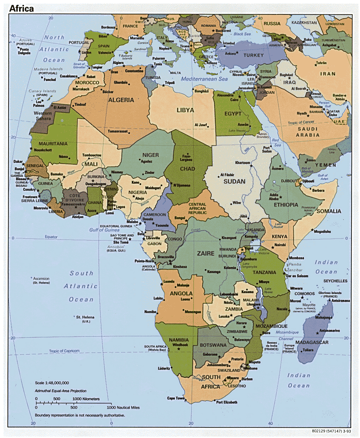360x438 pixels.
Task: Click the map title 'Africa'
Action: click(x=22, y=8)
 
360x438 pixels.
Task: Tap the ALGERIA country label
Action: click(x=121, y=100)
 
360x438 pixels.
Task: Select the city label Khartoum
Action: click(x=242, y=163)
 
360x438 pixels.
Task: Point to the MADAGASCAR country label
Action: click(x=312, y=342)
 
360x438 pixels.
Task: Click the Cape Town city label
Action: click(x=176, y=398)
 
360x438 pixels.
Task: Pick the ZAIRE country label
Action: click(x=205, y=253)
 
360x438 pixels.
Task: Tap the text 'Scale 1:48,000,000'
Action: click(x=52, y=383)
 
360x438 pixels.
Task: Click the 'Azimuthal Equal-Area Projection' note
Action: click(x=60, y=391)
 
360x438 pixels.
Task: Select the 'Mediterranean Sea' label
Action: click(x=204, y=79)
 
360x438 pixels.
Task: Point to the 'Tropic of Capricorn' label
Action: click(x=64, y=351)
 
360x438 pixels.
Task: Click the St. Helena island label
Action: click(x=85, y=317)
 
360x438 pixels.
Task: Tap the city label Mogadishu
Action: click(x=322, y=232)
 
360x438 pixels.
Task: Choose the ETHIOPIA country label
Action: click(x=286, y=205)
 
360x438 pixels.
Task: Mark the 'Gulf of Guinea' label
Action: click(x=104, y=230)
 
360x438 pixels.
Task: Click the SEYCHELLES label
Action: click(x=335, y=281)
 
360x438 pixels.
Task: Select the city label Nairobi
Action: click(x=280, y=245)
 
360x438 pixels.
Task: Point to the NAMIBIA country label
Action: click(x=179, y=340)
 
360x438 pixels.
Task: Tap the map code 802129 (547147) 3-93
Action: click(x=331, y=431)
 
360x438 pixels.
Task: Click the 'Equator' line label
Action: click(x=51, y=237)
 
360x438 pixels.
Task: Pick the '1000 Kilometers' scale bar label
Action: click(x=86, y=399)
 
